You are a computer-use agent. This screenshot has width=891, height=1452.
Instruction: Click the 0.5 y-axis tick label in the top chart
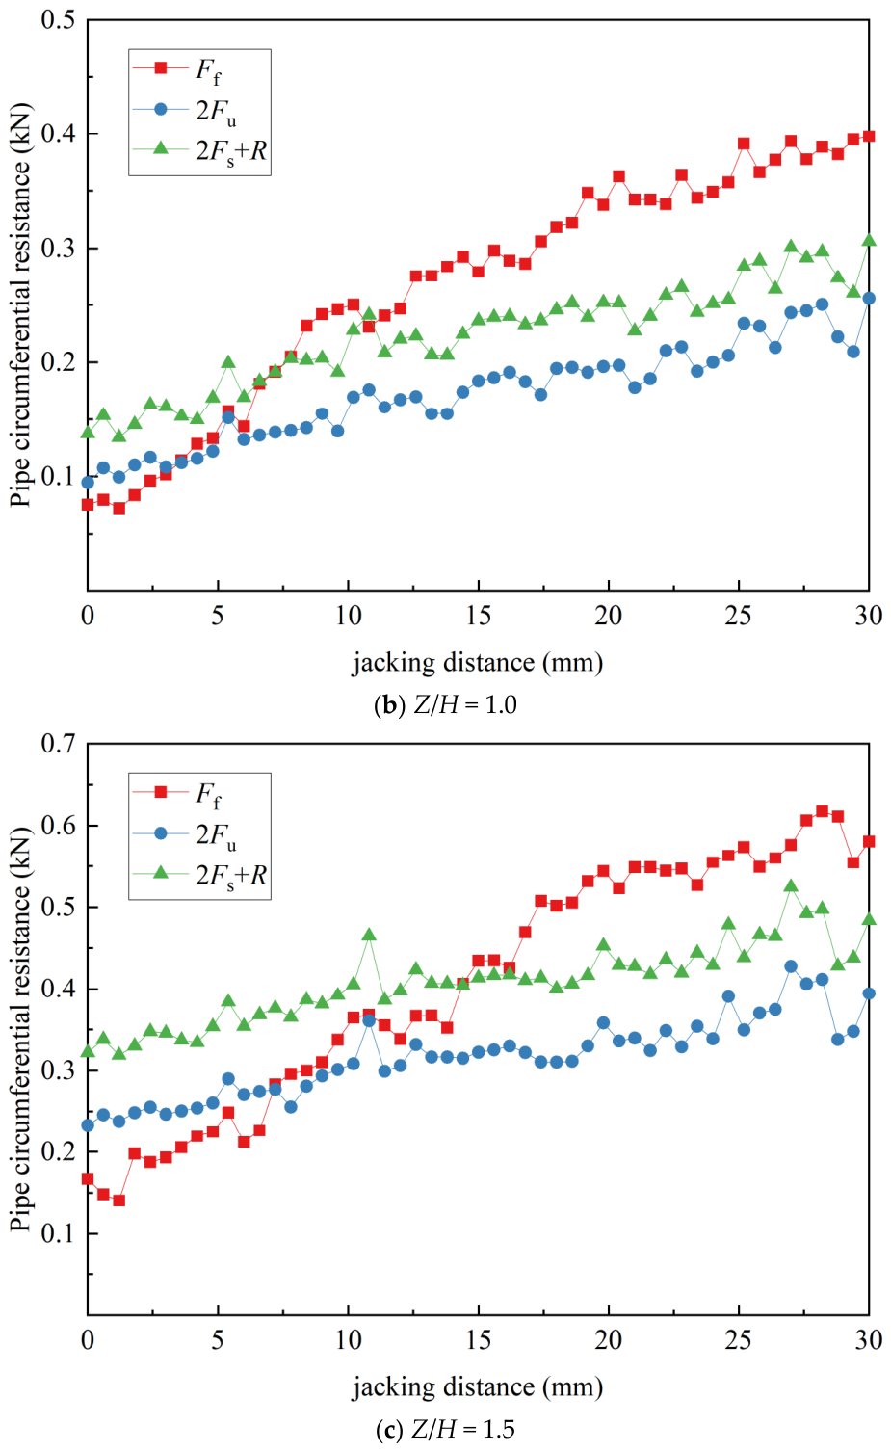click(x=58, y=19)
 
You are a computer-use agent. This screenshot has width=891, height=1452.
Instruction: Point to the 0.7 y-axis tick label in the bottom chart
click(x=58, y=744)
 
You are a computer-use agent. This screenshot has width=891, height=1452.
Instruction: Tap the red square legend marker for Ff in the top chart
click(x=161, y=67)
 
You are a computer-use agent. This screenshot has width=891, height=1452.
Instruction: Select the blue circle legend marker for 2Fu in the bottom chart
click(x=161, y=833)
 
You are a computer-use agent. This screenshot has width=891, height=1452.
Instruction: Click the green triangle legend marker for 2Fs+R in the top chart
click(x=161, y=148)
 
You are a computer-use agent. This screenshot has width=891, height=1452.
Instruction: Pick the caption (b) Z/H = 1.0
click(x=446, y=704)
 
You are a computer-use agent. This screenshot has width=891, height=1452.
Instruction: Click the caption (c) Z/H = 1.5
click(x=446, y=1429)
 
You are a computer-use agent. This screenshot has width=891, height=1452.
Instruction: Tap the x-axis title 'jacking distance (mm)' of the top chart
click(x=478, y=663)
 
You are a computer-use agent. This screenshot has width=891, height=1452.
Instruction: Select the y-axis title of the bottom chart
click(x=20, y=1029)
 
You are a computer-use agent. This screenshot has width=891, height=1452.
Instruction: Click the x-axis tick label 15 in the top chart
click(x=478, y=615)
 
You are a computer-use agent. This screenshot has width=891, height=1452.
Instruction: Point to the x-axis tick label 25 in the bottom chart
click(x=739, y=1339)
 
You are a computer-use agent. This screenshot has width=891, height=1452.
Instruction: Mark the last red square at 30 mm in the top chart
click(x=869, y=136)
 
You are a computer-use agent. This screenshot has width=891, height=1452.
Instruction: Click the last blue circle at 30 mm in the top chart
click(x=869, y=298)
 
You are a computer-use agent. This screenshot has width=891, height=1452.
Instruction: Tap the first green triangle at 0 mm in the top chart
click(x=88, y=432)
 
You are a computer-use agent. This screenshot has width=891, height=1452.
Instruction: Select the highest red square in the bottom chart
click(x=823, y=811)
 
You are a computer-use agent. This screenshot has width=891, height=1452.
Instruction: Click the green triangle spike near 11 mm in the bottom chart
click(x=369, y=934)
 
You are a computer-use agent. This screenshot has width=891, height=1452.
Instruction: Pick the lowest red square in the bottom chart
click(x=118, y=1201)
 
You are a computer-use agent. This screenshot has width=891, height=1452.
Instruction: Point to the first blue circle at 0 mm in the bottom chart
click(x=88, y=1125)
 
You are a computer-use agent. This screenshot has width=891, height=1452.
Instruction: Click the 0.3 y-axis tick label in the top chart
click(x=58, y=249)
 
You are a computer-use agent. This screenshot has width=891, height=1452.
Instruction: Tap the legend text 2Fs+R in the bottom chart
click(x=231, y=876)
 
